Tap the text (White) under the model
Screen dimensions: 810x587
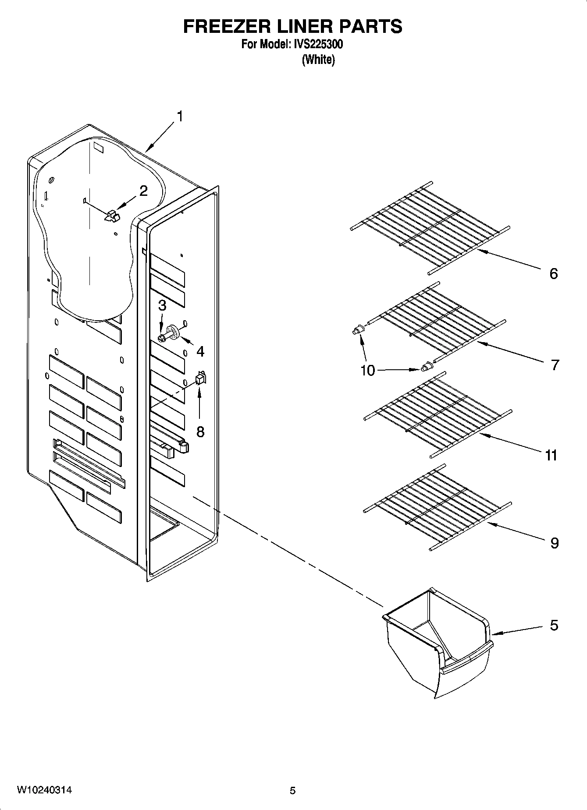[318, 60]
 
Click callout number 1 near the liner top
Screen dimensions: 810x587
[180, 117]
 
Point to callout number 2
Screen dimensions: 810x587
[143, 191]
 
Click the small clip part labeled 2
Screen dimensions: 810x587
[112, 215]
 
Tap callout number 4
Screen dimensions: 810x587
[200, 351]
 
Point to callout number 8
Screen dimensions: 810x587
[200, 432]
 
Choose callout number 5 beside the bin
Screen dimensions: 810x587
[554, 625]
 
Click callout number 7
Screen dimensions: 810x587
[555, 364]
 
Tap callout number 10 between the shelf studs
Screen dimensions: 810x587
[368, 371]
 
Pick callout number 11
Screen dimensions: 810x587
[551, 456]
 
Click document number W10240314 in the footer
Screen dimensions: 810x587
[45, 790]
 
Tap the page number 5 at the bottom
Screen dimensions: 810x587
[292, 791]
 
